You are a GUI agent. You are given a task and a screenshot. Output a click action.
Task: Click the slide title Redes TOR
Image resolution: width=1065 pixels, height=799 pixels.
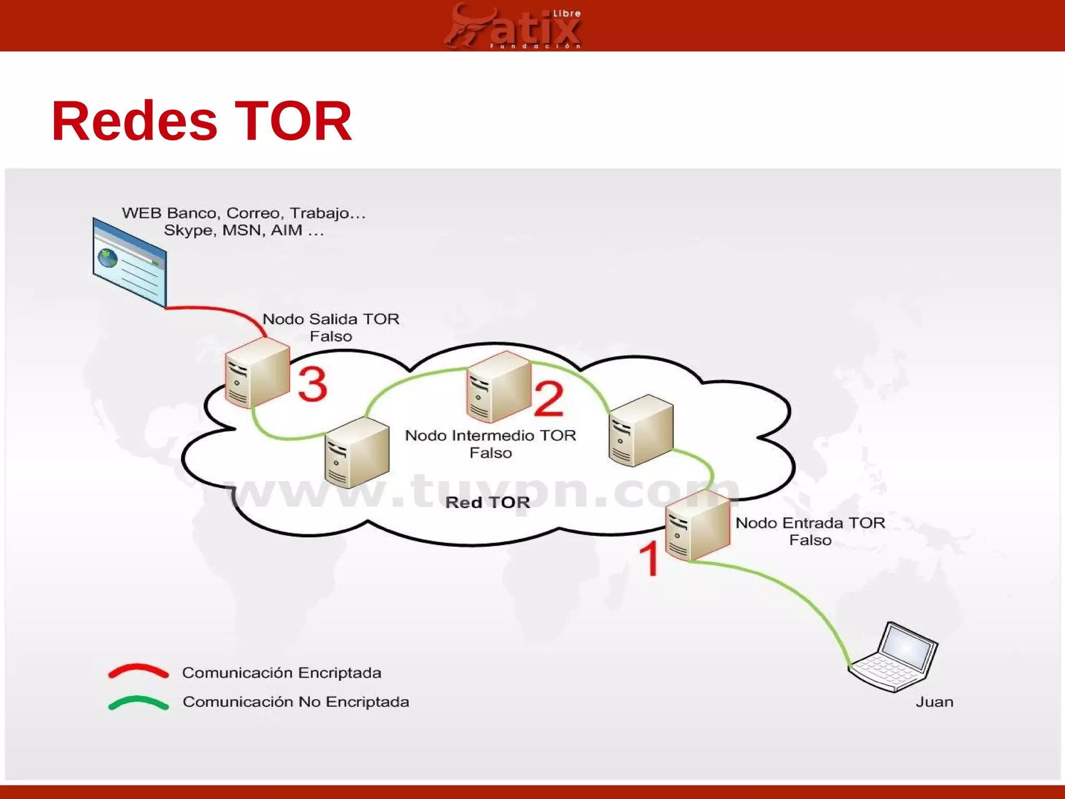click(x=202, y=121)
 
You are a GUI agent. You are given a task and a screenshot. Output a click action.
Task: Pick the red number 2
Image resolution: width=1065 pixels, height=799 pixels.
click(x=549, y=398)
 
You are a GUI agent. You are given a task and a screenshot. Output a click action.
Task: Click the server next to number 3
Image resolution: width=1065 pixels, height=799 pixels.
click(x=257, y=372)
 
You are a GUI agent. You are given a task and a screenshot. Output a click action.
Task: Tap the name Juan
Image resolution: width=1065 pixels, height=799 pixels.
click(x=934, y=702)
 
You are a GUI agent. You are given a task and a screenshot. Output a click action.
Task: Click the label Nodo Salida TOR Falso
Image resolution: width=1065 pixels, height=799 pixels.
click(x=331, y=327)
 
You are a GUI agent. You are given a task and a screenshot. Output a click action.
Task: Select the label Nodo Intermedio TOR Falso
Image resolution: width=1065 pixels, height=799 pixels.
click(x=490, y=444)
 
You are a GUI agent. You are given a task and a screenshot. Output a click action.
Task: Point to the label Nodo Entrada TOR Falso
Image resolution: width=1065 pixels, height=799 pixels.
click(x=810, y=531)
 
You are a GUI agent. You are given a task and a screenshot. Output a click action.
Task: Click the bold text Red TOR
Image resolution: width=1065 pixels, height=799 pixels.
click(x=488, y=502)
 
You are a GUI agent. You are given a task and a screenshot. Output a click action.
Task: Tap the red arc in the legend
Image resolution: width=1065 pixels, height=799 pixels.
click(x=138, y=671)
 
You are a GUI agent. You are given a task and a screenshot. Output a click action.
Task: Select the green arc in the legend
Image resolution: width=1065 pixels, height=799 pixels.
click(x=138, y=702)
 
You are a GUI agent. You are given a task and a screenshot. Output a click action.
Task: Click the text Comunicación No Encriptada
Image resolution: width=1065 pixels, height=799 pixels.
click(x=295, y=702)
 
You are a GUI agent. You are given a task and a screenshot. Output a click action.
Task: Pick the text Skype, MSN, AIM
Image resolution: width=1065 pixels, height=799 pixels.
click(x=243, y=230)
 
